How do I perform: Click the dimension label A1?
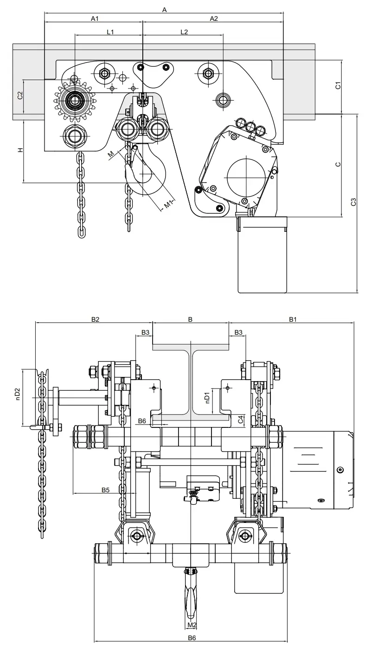click(95, 19)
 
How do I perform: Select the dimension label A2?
click(213, 19)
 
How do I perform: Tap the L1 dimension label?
click(110, 32)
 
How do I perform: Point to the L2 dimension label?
click(184, 32)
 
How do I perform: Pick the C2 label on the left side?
click(20, 95)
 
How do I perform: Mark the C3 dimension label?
click(353, 202)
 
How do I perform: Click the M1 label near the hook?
click(169, 203)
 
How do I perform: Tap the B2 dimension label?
click(95, 319)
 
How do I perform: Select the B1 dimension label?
click(293, 319)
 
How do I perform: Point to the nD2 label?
click(17, 394)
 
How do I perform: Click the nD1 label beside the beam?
click(207, 396)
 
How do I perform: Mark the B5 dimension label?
click(106, 490)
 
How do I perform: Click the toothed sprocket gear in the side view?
click(75, 99)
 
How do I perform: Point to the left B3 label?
click(145, 332)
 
